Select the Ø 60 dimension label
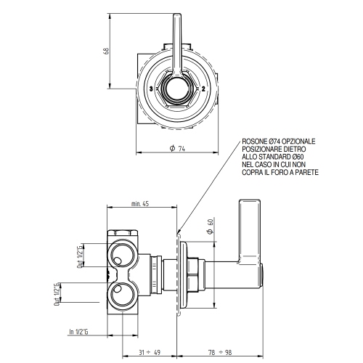pos(209,226)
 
